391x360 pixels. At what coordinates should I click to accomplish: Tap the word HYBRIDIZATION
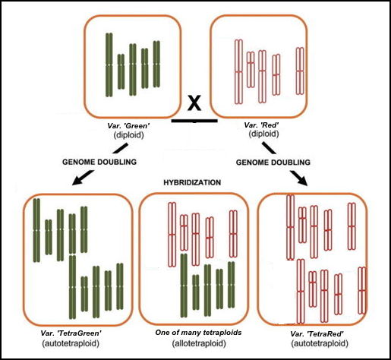tap(194, 183)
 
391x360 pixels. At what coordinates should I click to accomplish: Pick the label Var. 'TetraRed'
tap(313, 333)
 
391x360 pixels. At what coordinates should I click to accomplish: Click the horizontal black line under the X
tap(195, 119)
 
